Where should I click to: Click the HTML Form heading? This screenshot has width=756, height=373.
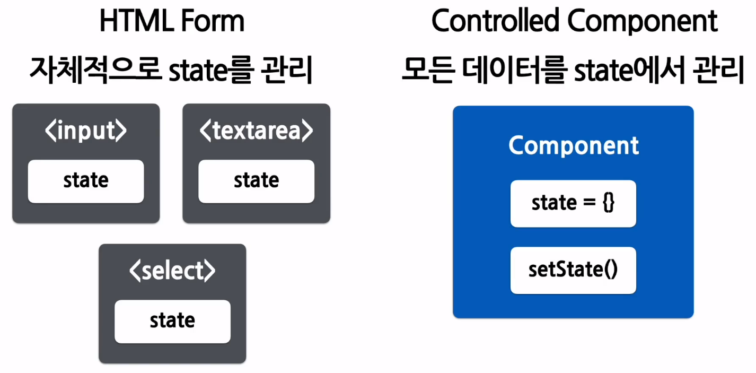coord(172,22)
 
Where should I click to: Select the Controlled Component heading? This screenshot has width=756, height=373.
coord(574,22)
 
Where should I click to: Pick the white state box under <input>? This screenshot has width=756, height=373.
coord(86,181)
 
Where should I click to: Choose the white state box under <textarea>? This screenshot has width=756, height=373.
coord(256,181)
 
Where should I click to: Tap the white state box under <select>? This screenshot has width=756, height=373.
coord(172,321)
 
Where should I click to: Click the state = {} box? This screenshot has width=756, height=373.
coord(573,203)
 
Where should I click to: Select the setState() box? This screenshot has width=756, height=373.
coord(573,270)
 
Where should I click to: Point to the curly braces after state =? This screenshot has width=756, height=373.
coord(608,203)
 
